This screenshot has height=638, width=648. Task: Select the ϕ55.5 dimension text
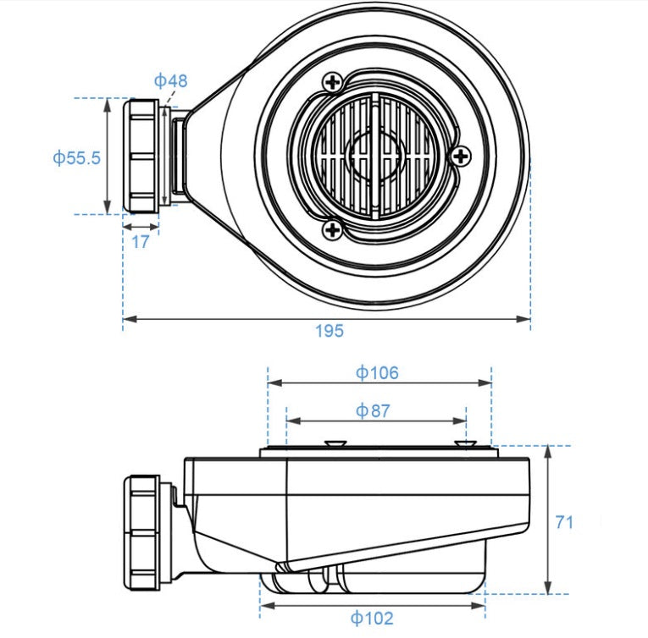tap(76, 157)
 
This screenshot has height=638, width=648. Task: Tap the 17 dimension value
tap(141, 242)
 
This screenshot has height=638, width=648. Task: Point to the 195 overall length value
tap(330, 331)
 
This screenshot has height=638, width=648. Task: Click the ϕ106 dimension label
tap(377, 371)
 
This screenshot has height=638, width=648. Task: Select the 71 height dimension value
tap(564, 522)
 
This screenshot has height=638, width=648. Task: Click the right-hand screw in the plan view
tap(461, 156)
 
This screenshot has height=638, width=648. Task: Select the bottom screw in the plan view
tap(334, 228)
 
